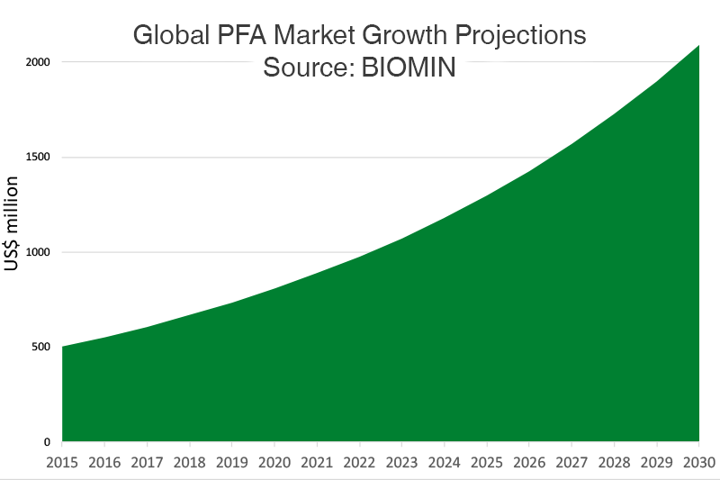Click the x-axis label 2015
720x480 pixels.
[62, 463]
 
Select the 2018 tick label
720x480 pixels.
[190, 463]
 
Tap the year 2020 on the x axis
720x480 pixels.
[274, 463]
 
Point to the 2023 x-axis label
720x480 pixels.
[402, 463]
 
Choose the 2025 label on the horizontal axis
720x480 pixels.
[487, 463]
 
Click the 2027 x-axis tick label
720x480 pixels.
[572, 463]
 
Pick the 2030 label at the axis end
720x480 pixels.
[698, 463]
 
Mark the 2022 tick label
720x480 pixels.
[360, 463]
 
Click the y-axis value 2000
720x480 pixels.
[36, 62]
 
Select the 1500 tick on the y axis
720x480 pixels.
[36, 158]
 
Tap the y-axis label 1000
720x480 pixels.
[36, 252]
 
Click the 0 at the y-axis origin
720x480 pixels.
[47, 442]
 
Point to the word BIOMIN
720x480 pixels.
[409, 68]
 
